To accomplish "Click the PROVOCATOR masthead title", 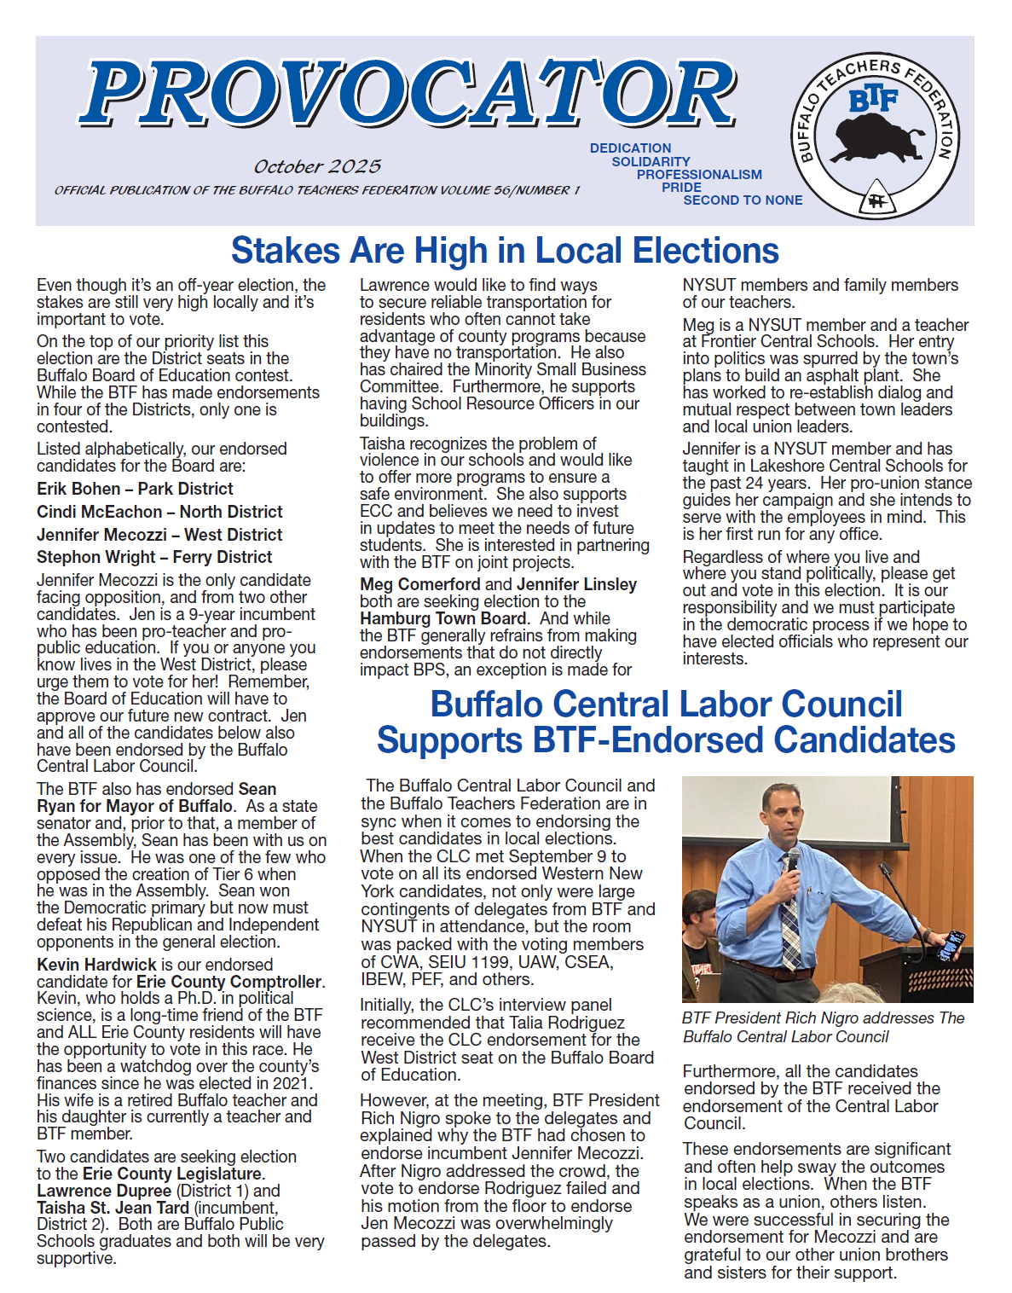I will tap(409, 94).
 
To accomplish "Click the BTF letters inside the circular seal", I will tap(874, 100).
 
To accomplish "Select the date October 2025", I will tap(317, 166).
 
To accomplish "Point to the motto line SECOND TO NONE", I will tap(743, 200).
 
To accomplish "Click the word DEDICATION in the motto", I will tap(630, 148).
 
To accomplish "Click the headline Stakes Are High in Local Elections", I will tap(505, 251).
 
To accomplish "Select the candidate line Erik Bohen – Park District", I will tap(135, 489).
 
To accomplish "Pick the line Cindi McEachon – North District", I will tap(159, 512).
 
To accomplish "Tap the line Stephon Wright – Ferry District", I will tap(154, 557).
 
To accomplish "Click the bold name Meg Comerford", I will tap(420, 584).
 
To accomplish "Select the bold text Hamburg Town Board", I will tap(442, 618).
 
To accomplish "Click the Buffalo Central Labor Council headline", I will tap(666, 722).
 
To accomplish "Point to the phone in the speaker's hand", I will tap(952, 944).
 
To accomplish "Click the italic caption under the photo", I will tap(823, 1027).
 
